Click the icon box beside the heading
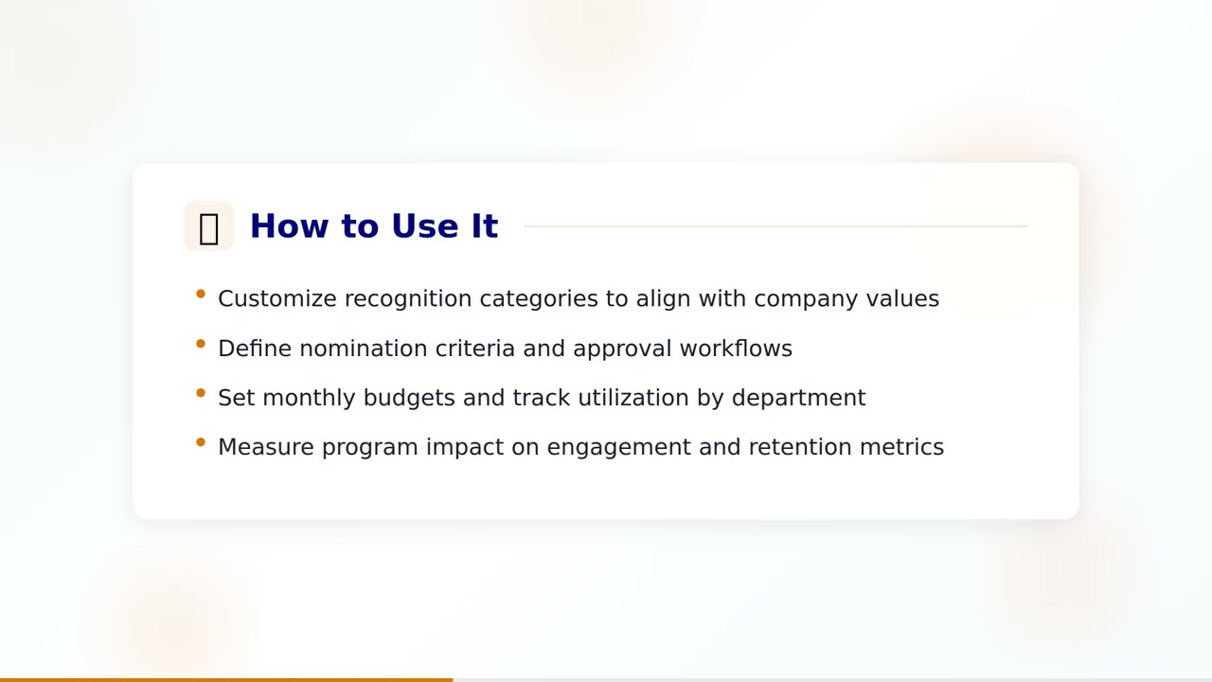tap(208, 226)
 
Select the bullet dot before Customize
tap(201, 295)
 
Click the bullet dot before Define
tap(201, 344)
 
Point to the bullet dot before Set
tap(201, 393)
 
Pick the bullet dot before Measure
tap(201, 442)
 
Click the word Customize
tap(276, 298)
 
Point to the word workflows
tap(736, 349)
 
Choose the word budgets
tap(409, 398)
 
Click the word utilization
tap(633, 398)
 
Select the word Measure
tap(266, 447)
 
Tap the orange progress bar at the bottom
tap(226, 679)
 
